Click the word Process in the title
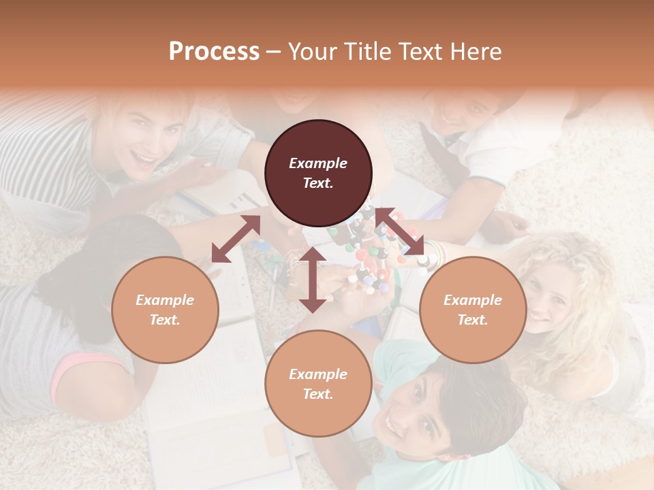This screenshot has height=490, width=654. (214, 52)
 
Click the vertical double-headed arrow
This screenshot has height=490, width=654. (313, 280)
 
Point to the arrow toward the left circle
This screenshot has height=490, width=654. (236, 239)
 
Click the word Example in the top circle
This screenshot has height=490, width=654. (318, 163)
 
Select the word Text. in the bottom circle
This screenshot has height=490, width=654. (318, 394)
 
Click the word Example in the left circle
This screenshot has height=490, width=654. (165, 300)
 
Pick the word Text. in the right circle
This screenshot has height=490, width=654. (473, 320)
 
